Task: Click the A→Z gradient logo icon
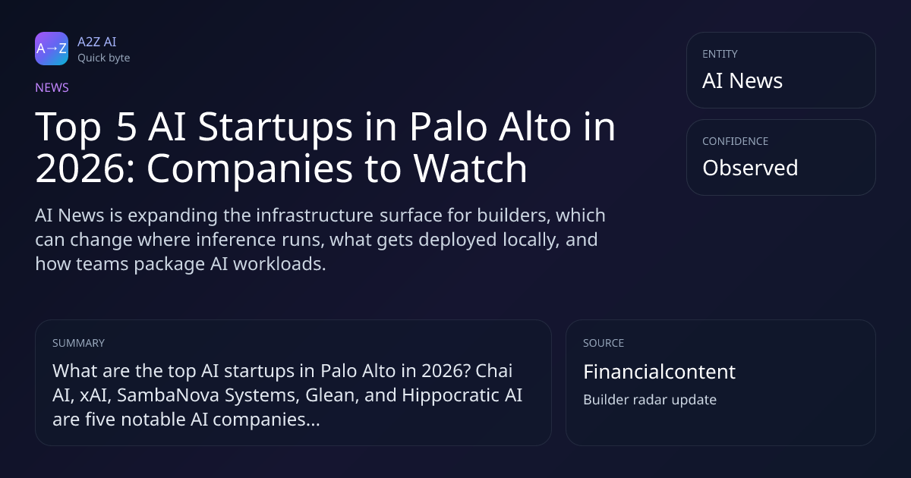(52, 49)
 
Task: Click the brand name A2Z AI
(97, 42)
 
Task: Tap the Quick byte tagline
(104, 58)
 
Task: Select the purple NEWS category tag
(52, 87)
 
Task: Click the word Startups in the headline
(275, 127)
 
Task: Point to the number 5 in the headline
(126, 127)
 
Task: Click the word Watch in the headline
(470, 168)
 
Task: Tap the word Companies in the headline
(250, 169)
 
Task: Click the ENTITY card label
(720, 54)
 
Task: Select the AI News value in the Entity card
(742, 80)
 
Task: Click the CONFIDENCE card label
(736, 141)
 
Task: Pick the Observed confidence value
(750, 168)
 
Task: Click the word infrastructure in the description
(314, 215)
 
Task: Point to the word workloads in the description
(279, 263)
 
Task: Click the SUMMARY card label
(78, 343)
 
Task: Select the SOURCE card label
(604, 343)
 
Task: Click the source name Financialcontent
(659, 372)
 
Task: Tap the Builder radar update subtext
(650, 400)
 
